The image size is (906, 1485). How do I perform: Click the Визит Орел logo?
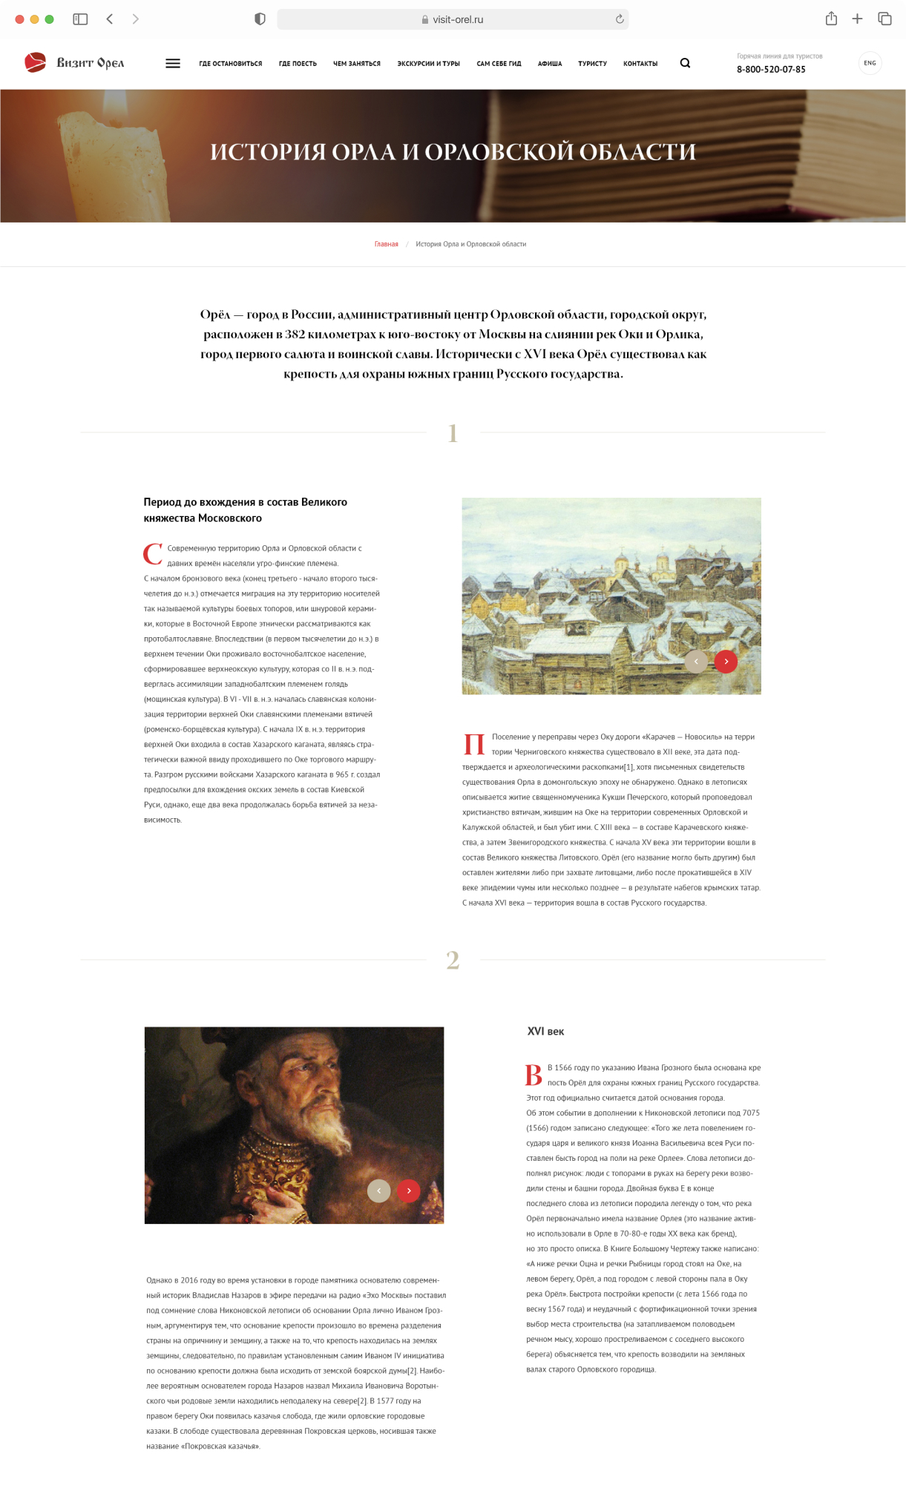(x=74, y=63)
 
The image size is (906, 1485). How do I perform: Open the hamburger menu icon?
(x=173, y=64)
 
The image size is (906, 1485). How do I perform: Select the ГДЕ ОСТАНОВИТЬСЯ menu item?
(x=230, y=64)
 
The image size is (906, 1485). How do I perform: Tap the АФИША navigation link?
(x=550, y=64)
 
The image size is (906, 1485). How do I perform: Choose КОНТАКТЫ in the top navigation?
(x=640, y=64)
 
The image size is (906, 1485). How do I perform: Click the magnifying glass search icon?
(x=685, y=63)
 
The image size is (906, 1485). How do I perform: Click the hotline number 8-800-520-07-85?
(x=771, y=70)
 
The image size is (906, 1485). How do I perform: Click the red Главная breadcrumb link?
(x=386, y=244)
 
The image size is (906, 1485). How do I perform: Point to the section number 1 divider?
(x=453, y=433)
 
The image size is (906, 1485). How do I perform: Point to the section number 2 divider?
(x=453, y=961)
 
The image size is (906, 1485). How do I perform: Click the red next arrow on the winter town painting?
(x=726, y=661)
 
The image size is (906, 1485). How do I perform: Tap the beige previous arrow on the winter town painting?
(x=696, y=661)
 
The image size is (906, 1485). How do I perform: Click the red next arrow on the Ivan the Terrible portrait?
(x=409, y=1191)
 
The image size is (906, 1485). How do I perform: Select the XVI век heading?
(x=545, y=1031)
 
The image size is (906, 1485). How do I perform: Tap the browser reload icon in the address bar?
(x=620, y=19)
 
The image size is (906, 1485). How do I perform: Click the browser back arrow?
(x=110, y=19)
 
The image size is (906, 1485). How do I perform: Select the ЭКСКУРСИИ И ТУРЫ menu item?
(x=428, y=64)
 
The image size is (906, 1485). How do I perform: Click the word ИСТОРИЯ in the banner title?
(x=267, y=152)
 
